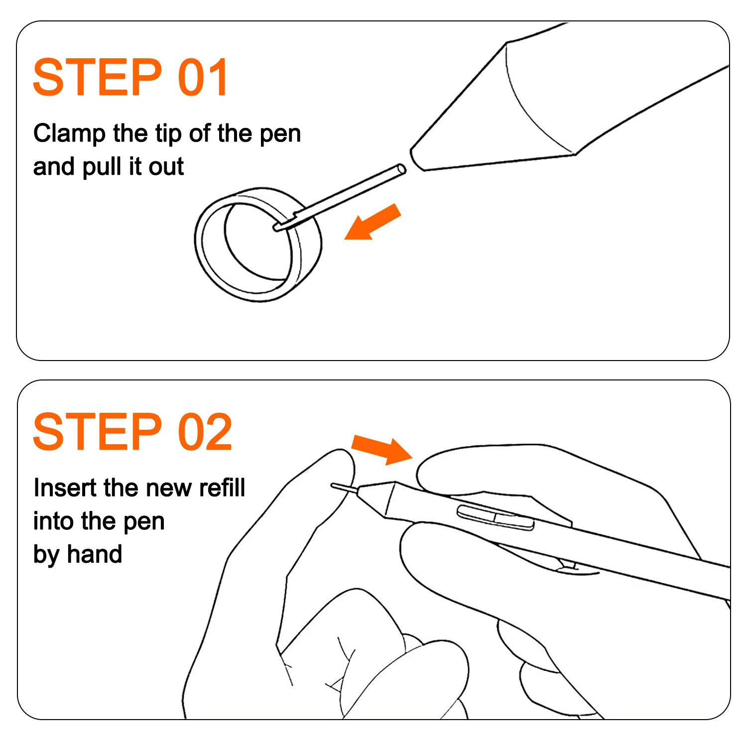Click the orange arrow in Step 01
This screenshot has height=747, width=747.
[x=373, y=222]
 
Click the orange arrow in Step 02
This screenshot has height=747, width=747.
[x=382, y=449]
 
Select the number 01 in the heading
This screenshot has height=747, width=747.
[x=203, y=77]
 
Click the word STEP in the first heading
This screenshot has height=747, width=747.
[x=98, y=77]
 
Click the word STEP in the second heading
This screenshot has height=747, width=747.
[x=98, y=432]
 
